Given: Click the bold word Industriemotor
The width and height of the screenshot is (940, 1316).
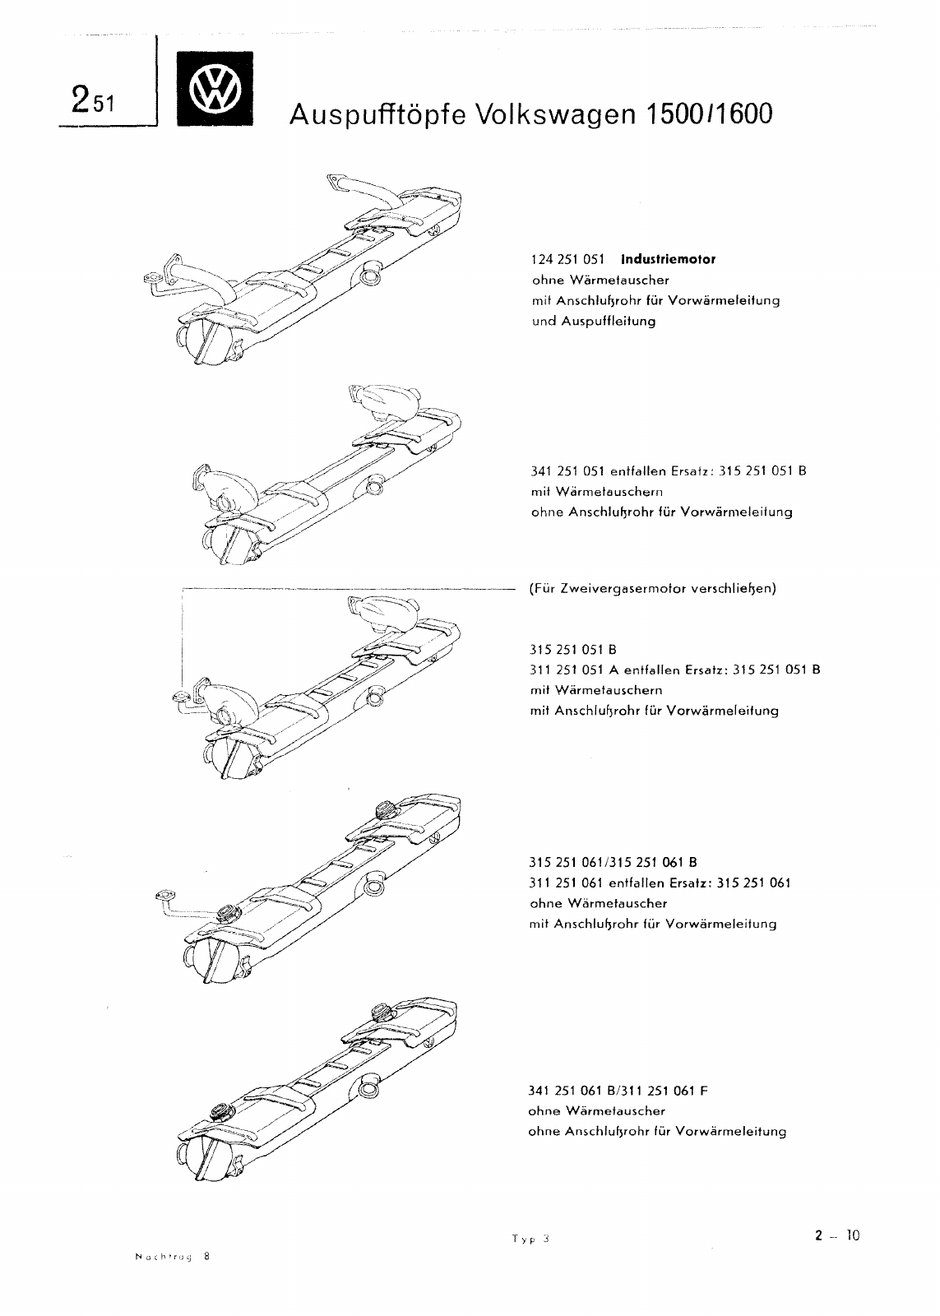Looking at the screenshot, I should coord(668,259).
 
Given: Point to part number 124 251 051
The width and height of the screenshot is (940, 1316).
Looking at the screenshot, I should coord(568,259).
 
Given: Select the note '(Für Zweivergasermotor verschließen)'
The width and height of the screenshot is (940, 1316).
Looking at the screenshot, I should coord(653,589).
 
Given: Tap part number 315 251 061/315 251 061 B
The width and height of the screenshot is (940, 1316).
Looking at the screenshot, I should coord(614,863).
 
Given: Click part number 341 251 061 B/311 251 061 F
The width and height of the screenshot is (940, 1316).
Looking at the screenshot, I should coord(618,1091).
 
